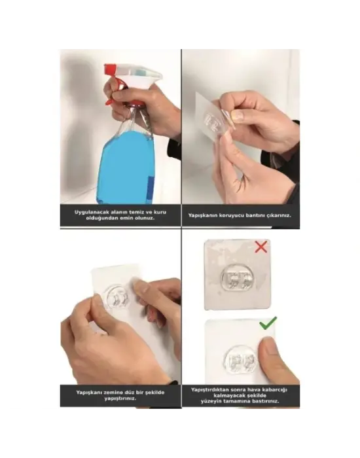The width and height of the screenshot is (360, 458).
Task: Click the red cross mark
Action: pos(261,247)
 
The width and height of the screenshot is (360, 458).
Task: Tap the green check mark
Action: pos(268,323)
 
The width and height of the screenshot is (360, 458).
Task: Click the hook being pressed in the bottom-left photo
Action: pos(118,298)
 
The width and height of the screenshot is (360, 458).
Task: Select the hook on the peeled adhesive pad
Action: pos(215,122)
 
